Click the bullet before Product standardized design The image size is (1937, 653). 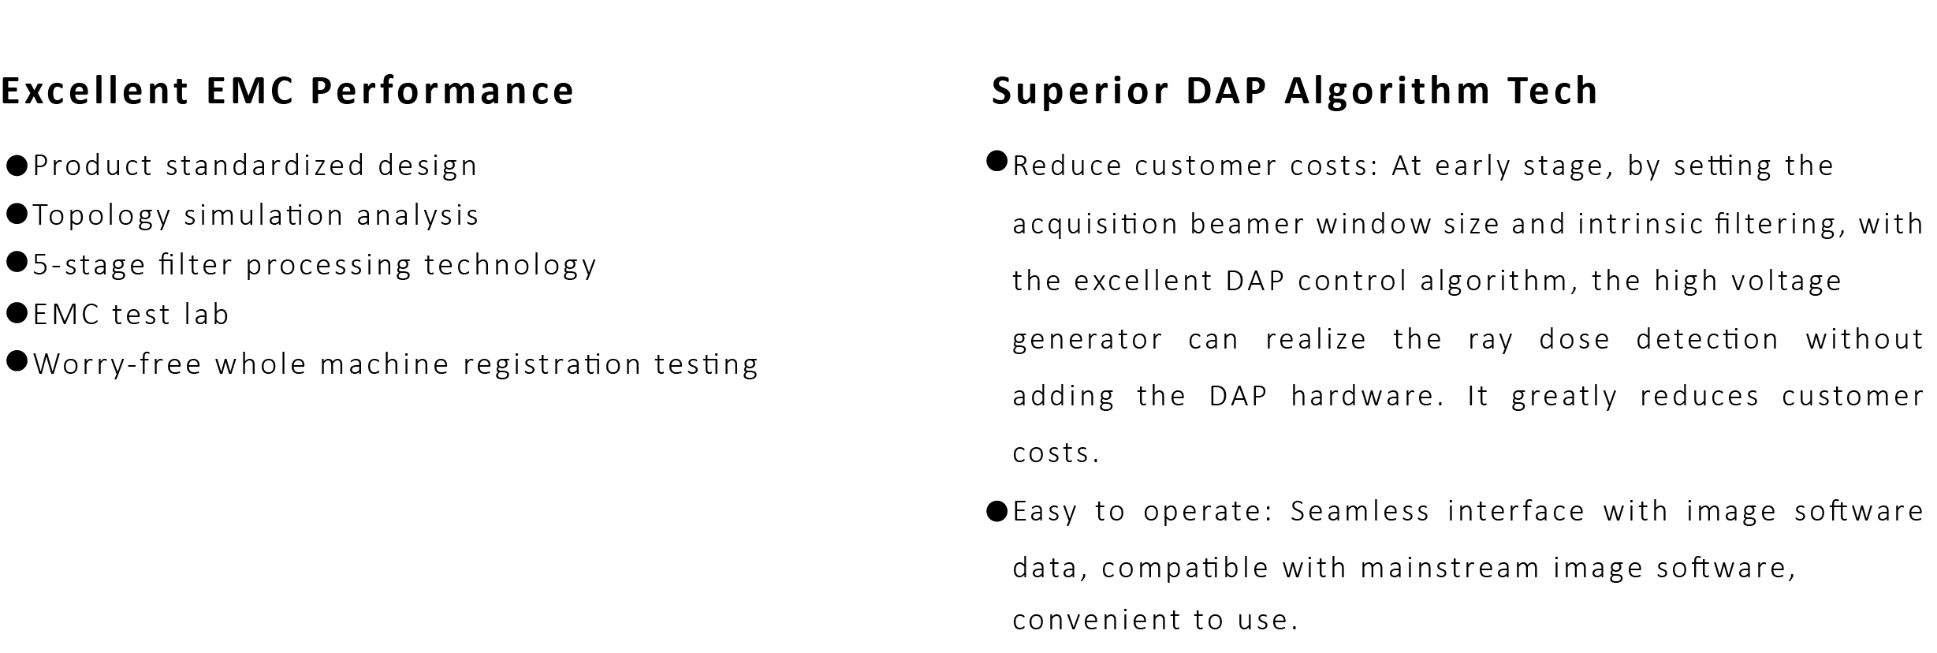[17, 166]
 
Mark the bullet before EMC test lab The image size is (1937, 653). [17, 313]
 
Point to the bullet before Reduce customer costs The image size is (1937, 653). [997, 162]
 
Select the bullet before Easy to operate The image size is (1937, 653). [997, 511]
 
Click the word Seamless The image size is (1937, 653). [1360, 511]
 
